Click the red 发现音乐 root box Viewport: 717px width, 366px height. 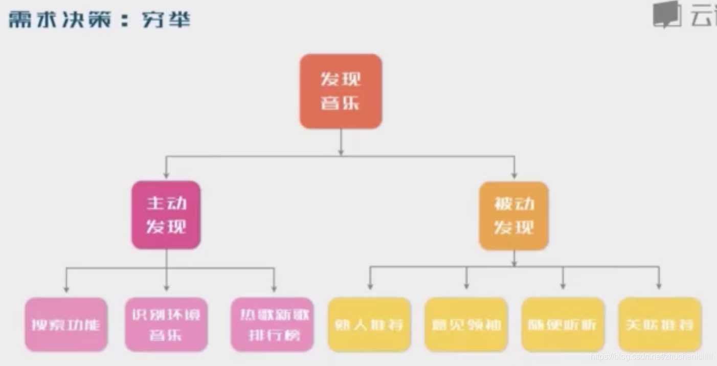point(341,91)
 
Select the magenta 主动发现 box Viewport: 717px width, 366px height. point(166,215)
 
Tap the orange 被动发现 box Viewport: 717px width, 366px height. point(513,216)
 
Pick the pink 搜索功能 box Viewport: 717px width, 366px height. point(66,325)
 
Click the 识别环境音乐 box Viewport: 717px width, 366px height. point(166,325)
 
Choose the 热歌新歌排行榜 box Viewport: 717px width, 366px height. point(272,325)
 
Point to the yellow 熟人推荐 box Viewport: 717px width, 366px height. point(369,325)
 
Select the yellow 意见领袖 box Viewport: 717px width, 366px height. point(466,325)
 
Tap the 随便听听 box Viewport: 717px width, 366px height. point(563,325)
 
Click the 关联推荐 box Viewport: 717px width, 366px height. point(659,325)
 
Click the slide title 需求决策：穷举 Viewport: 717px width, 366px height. point(100,20)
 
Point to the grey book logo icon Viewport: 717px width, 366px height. point(667,15)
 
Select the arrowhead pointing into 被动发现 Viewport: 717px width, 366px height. point(513,175)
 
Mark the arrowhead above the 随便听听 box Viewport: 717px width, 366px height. point(563,285)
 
